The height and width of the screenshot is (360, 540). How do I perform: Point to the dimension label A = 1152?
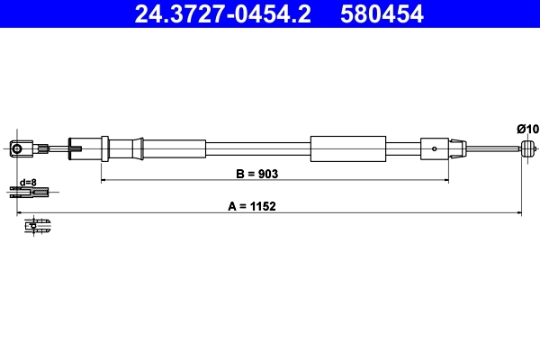click(x=251, y=205)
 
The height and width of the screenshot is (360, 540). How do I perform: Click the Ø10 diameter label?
click(x=527, y=130)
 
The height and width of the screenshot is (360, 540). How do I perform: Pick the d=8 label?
click(x=29, y=182)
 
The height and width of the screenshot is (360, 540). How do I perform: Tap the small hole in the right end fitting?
click(x=436, y=149)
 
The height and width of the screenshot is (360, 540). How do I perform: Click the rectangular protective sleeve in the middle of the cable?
click(x=347, y=149)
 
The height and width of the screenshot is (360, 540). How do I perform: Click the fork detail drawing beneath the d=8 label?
click(x=30, y=191)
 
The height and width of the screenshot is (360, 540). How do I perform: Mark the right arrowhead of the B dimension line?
click(x=445, y=180)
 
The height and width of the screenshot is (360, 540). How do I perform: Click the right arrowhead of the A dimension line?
click(x=519, y=213)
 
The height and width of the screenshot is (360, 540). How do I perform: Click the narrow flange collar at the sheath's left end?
click(x=105, y=148)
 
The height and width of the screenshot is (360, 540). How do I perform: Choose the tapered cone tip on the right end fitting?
click(x=460, y=149)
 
